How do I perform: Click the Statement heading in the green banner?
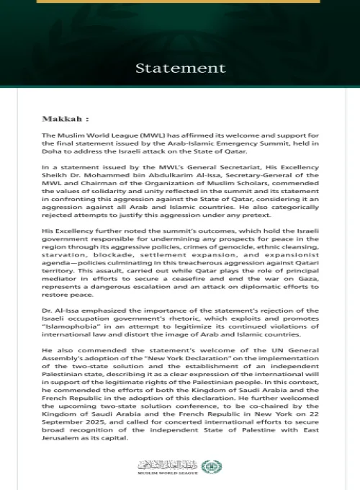180,68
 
